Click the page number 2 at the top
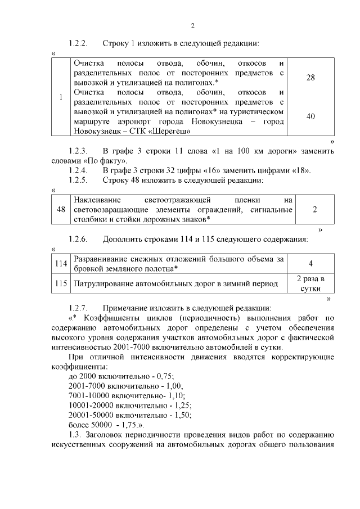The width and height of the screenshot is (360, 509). (192, 25)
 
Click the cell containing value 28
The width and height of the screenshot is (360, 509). (310, 78)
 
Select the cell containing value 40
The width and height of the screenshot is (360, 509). (310, 116)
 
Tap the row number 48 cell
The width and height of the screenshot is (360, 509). (61, 210)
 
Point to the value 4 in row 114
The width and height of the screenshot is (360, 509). (310, 263)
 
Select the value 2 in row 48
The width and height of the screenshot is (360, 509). (315, 210)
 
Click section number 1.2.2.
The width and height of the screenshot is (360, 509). (79, 43)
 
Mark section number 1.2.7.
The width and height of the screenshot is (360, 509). (79, 307)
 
